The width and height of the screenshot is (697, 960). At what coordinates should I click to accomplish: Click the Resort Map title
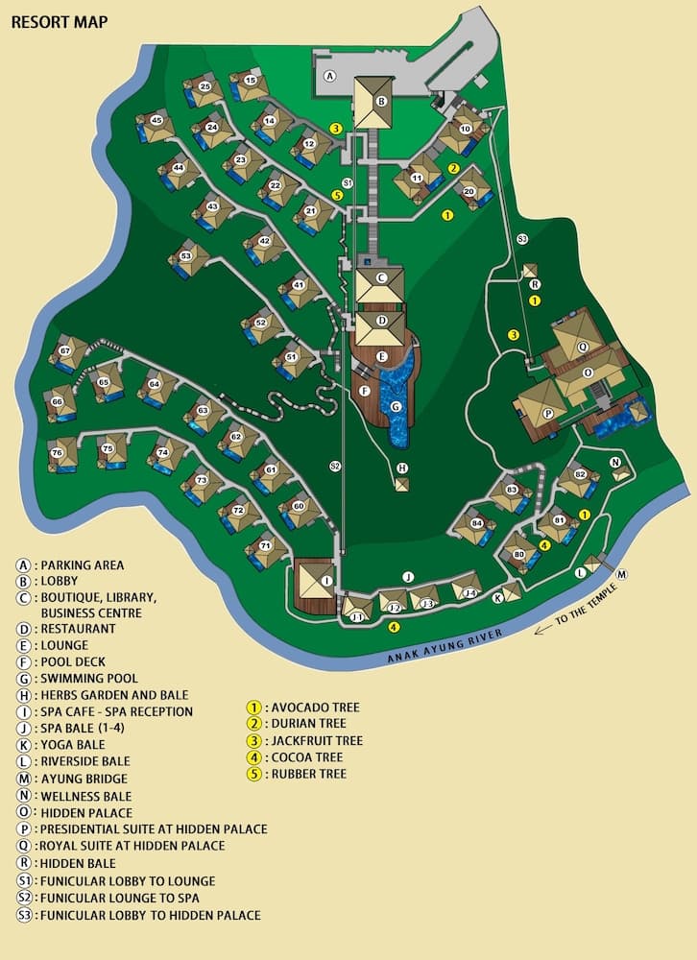click(60, 21)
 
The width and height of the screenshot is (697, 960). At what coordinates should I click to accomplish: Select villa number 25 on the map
click(204, 87)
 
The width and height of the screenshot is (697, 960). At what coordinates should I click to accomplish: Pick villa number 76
click(58, 453)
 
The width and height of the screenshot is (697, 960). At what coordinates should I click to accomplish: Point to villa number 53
click(186, 256)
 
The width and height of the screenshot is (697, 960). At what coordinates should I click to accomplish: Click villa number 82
click(579, 474)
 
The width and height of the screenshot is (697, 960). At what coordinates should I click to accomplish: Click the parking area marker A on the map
click(329, 75)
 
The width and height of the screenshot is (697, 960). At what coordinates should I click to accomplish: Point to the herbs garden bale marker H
click(402, 468)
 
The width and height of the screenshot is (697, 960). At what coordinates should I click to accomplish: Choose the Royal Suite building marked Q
click(582, 334)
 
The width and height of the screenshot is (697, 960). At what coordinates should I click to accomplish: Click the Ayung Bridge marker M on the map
click(621, 574)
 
